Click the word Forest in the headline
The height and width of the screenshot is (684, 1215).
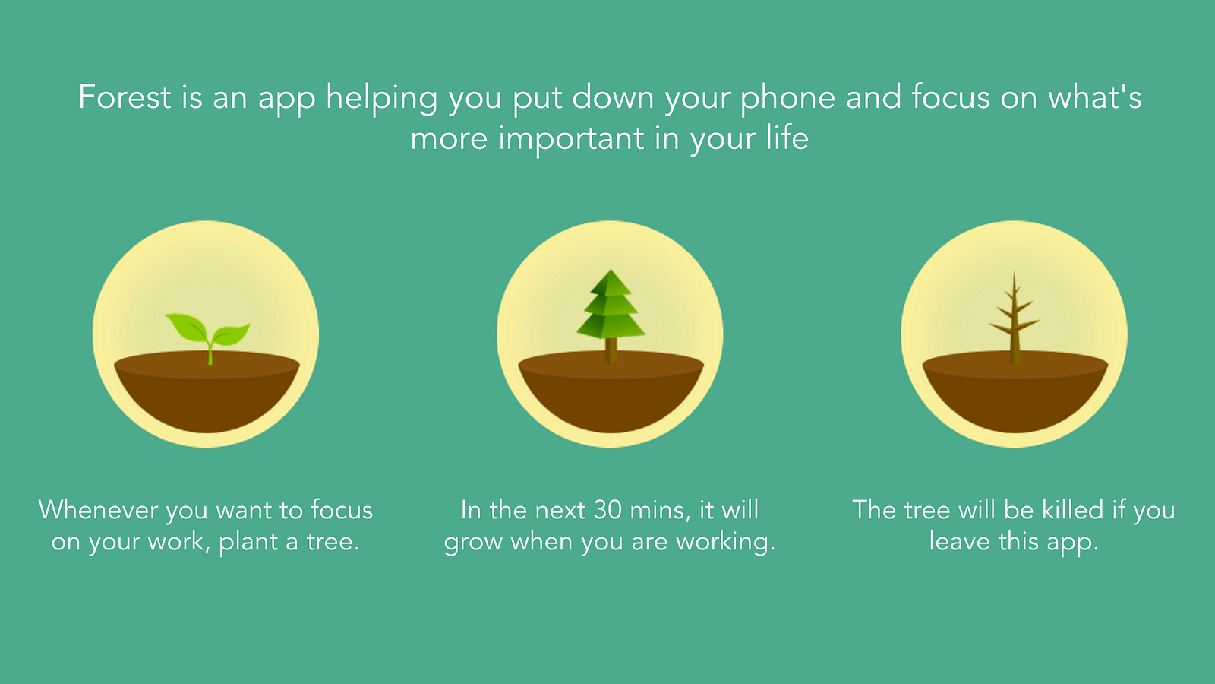(125, 97)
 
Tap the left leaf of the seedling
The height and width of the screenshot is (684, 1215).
(186, 327)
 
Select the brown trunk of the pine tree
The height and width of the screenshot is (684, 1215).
(611, 350)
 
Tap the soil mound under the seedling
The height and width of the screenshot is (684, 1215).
(207, 391)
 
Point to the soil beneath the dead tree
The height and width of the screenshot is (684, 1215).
(1015, 391)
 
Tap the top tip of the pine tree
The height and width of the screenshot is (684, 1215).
(611, 269)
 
